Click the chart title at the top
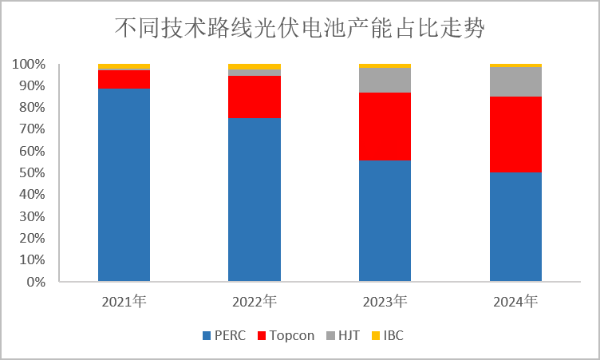pos(300,29)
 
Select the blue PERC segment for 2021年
pos(124,185)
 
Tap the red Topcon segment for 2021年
pos(124,79)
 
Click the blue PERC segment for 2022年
pos(255,200)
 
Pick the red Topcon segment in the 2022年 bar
pos(255,97)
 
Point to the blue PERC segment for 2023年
pos(385,221)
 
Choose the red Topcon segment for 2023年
pos(385,126)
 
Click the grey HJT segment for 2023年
pos(385,80)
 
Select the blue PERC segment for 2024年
pos(515,227)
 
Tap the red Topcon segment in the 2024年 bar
pos(515,134)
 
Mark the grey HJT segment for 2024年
pos(515,81)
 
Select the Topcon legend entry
pos(286,335)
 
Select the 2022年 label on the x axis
pos(255,302)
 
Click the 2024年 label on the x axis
pos(515,302)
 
